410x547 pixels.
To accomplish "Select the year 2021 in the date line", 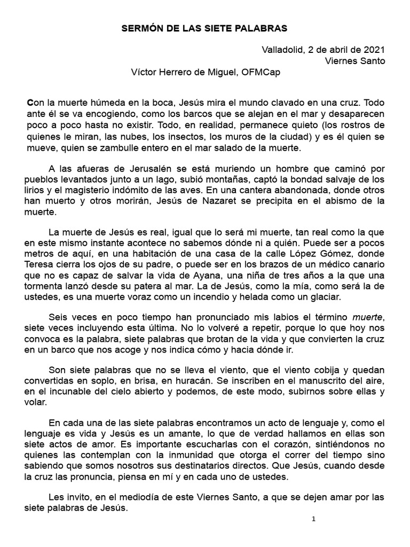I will point(374,50).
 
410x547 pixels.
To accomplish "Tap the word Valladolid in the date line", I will point(282,50).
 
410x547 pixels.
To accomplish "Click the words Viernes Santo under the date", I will point(354,60).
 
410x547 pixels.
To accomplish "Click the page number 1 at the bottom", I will point(314,519).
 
